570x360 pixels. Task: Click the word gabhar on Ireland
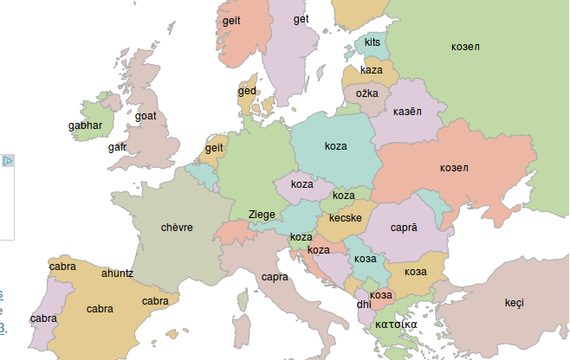pos(85,126)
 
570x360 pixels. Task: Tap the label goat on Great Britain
pos(146,116)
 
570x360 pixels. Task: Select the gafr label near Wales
pos(118,147)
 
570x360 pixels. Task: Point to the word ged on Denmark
pos(247,92)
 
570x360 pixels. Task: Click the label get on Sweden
pos(301,19)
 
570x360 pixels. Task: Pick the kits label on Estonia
pos(372,43)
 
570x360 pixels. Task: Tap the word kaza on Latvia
pos(371,70)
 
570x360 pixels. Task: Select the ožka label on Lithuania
pos(368,93)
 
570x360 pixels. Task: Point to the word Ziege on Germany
pos(262,214)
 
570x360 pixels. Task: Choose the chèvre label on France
pos(176,227)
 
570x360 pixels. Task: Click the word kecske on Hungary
pos(345,218)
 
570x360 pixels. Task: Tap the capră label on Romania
pos(403,228)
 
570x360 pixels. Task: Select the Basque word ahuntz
pos(117,273)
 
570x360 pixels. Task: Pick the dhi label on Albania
pos(363,305)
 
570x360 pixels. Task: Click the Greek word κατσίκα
pos(396,324)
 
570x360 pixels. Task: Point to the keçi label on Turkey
pos(514,303)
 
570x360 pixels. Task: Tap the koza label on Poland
pos(336,147)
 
